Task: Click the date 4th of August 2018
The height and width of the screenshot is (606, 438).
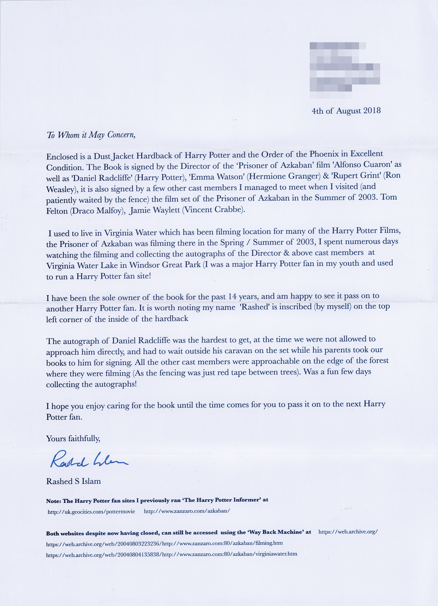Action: click(346, 111)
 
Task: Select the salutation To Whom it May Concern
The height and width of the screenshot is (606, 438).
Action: click(91, 135)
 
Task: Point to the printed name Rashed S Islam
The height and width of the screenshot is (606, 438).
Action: click(73, 481)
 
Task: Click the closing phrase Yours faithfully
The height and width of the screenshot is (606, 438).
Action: click(73, 438)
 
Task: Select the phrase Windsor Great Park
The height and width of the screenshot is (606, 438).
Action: click(165, 265)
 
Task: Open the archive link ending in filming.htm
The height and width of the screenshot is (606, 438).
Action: click(164, 543)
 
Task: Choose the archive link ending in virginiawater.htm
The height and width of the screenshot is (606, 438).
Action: click(171, 554)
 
